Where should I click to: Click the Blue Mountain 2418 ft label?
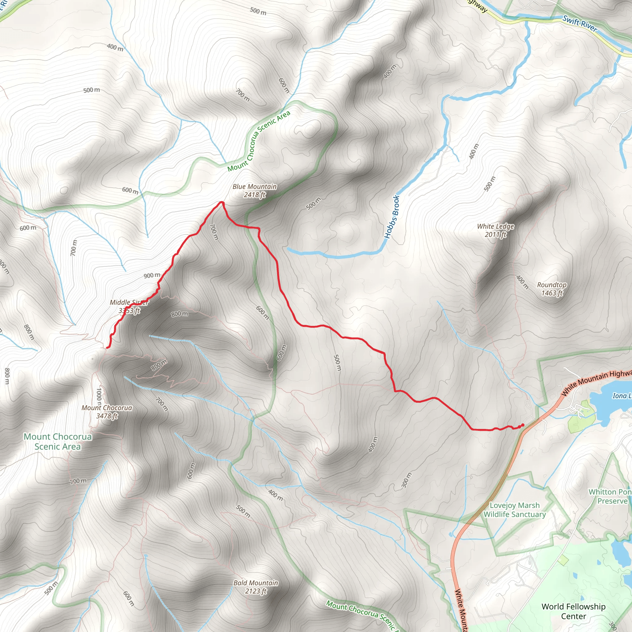255,191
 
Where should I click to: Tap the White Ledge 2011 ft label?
495,230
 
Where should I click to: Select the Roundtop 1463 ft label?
551,289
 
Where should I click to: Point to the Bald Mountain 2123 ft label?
256,587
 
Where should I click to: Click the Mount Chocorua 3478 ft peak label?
107,412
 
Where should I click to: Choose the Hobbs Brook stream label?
392,217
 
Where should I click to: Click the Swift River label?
579,24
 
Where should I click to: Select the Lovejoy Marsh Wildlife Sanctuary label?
514,510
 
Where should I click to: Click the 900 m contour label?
152,276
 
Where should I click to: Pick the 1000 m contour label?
99,397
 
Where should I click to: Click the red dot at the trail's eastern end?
522,425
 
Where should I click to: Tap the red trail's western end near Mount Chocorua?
107,347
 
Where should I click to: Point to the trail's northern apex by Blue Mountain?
222,202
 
